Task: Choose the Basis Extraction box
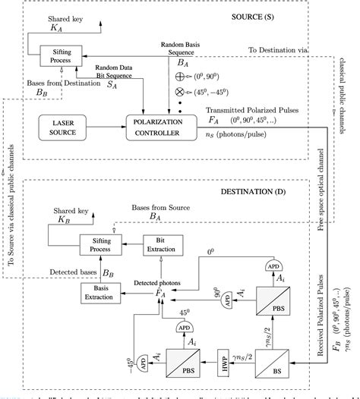(101, 291)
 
